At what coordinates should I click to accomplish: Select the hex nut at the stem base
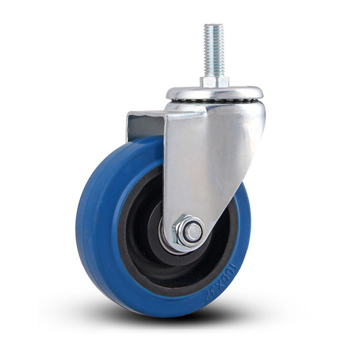[x=215, y=81]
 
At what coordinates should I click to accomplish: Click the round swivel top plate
[x=215, y=92]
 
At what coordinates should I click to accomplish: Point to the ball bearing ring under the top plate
[x=215, y=102]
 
